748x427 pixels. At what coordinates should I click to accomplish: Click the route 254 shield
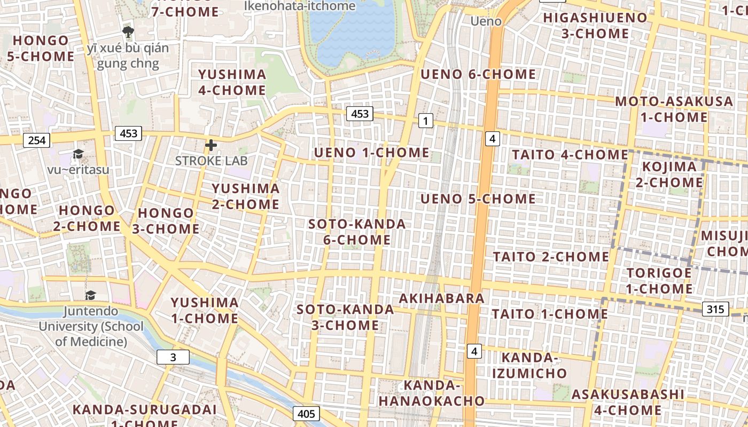[x=37, y=140]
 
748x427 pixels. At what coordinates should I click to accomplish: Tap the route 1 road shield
[x=425, y=121]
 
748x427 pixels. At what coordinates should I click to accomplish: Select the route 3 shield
[x=173, y=357]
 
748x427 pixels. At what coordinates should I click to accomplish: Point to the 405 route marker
[x=306, y=414]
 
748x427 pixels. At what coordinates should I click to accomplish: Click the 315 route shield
[x=715, y=309]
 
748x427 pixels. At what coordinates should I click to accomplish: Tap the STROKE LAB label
[x=212, y=160]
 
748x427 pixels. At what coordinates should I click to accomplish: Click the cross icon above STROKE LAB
[x=211, y=145]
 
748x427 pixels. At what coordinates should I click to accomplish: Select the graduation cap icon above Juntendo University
[x=91, y=295]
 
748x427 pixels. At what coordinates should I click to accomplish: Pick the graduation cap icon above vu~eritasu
[x=79, y=154]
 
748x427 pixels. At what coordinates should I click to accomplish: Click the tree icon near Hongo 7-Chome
[x=128, y=32]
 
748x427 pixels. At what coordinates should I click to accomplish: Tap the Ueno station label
[x=486, y=21]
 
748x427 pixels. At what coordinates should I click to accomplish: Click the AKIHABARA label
[x=441, y=298]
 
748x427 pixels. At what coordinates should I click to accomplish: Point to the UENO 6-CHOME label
[x=478, y=74]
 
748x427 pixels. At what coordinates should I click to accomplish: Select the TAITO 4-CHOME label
[x=570, y=155]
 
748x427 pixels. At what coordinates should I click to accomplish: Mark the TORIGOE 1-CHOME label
[x=659, y=281]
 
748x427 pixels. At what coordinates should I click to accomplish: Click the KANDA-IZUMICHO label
[x=527, y=365]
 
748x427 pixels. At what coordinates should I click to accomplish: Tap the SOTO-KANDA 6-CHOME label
[x=357, y=232]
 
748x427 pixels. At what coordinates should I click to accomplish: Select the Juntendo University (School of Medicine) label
[x=91, y=326]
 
